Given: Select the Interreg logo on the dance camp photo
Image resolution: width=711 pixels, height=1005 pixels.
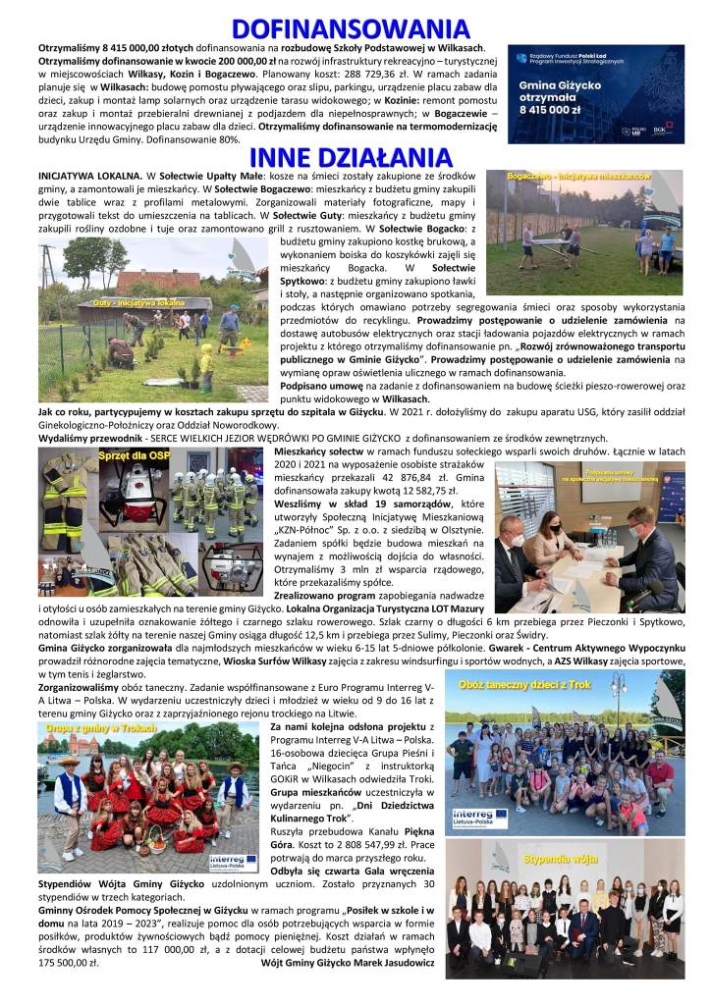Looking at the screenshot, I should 480,818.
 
